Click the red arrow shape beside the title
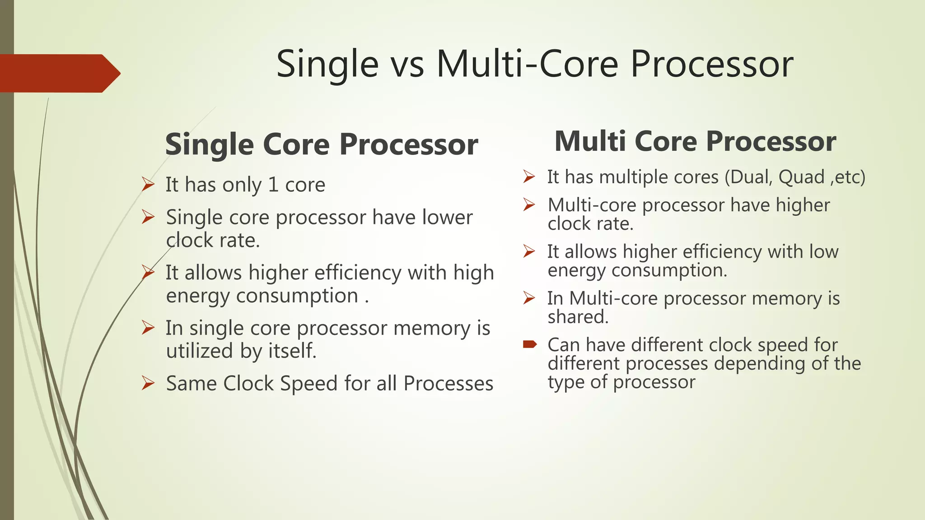point(59,73)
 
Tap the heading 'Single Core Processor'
point(321,145)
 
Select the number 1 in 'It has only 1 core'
point(273,185)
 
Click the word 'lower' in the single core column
point(447,218)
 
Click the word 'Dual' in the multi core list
point(750,177)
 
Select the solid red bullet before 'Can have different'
point(529,345)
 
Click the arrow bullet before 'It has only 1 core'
point(148,185)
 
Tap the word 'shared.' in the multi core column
point(578,317)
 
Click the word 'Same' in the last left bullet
point(191,384)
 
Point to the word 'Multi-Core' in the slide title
point(528,64)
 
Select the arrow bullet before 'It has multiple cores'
point(529,176)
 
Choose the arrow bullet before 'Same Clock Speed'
point(148,383)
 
